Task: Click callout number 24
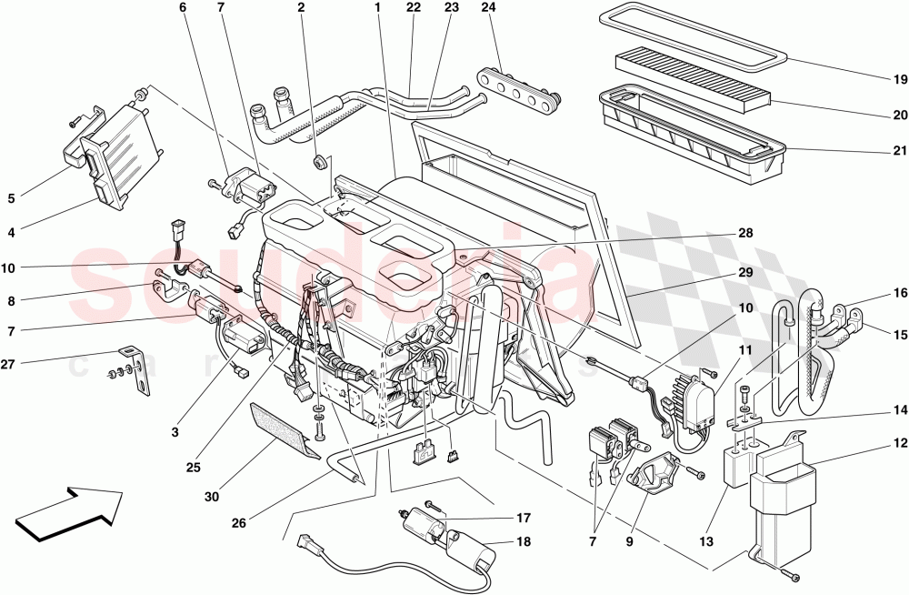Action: (489, 8)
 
